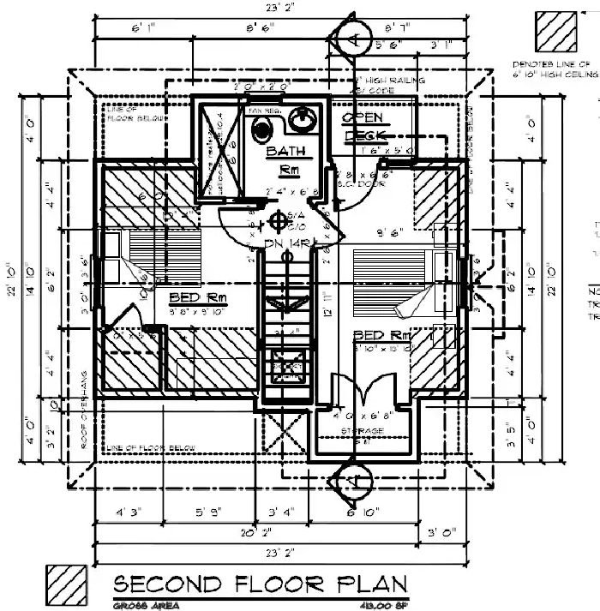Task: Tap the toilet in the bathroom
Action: pyautogui.click(x=263, y=128)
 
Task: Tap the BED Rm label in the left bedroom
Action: pyautogui.click(x=194, y=297)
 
